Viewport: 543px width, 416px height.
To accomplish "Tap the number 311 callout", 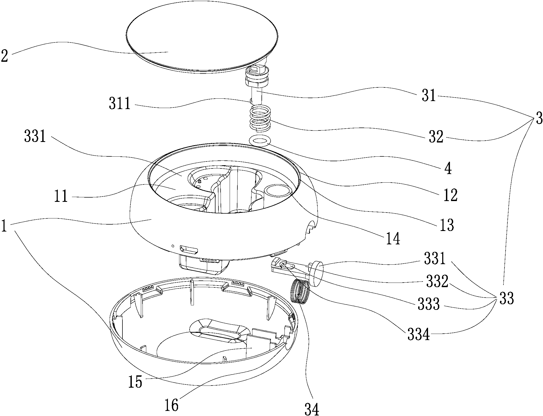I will tap(120, 104).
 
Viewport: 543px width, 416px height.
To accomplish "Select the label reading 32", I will tap(436, 137).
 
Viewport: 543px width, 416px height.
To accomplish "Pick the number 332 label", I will tap(437, 281).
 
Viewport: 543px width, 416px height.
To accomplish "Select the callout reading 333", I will tap(429, 304).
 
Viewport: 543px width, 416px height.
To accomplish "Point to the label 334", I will tap(418, 334).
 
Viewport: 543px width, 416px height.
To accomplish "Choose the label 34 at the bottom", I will tap(312, 409).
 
